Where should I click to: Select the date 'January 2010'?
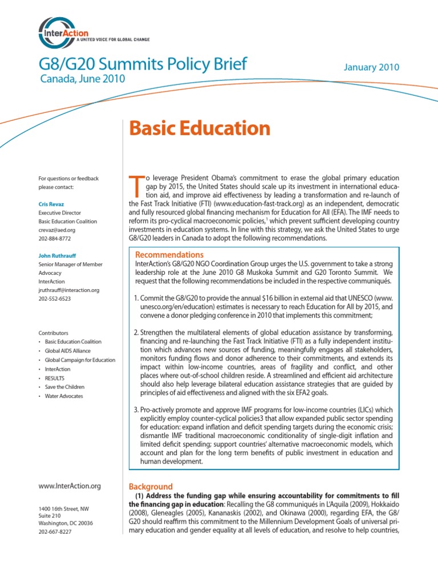point(371,67)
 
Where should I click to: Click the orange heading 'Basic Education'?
point(200,128)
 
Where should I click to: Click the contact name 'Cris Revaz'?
point(51,204)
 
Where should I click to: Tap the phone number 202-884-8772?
point(55,238)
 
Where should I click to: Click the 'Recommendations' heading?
point(169,254)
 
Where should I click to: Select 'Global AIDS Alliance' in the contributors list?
point(68,351)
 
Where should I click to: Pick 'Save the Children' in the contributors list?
point(64,387)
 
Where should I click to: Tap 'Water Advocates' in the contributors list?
point(64,396)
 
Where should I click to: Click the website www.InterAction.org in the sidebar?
point(70,486)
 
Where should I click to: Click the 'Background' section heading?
point(151,486)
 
